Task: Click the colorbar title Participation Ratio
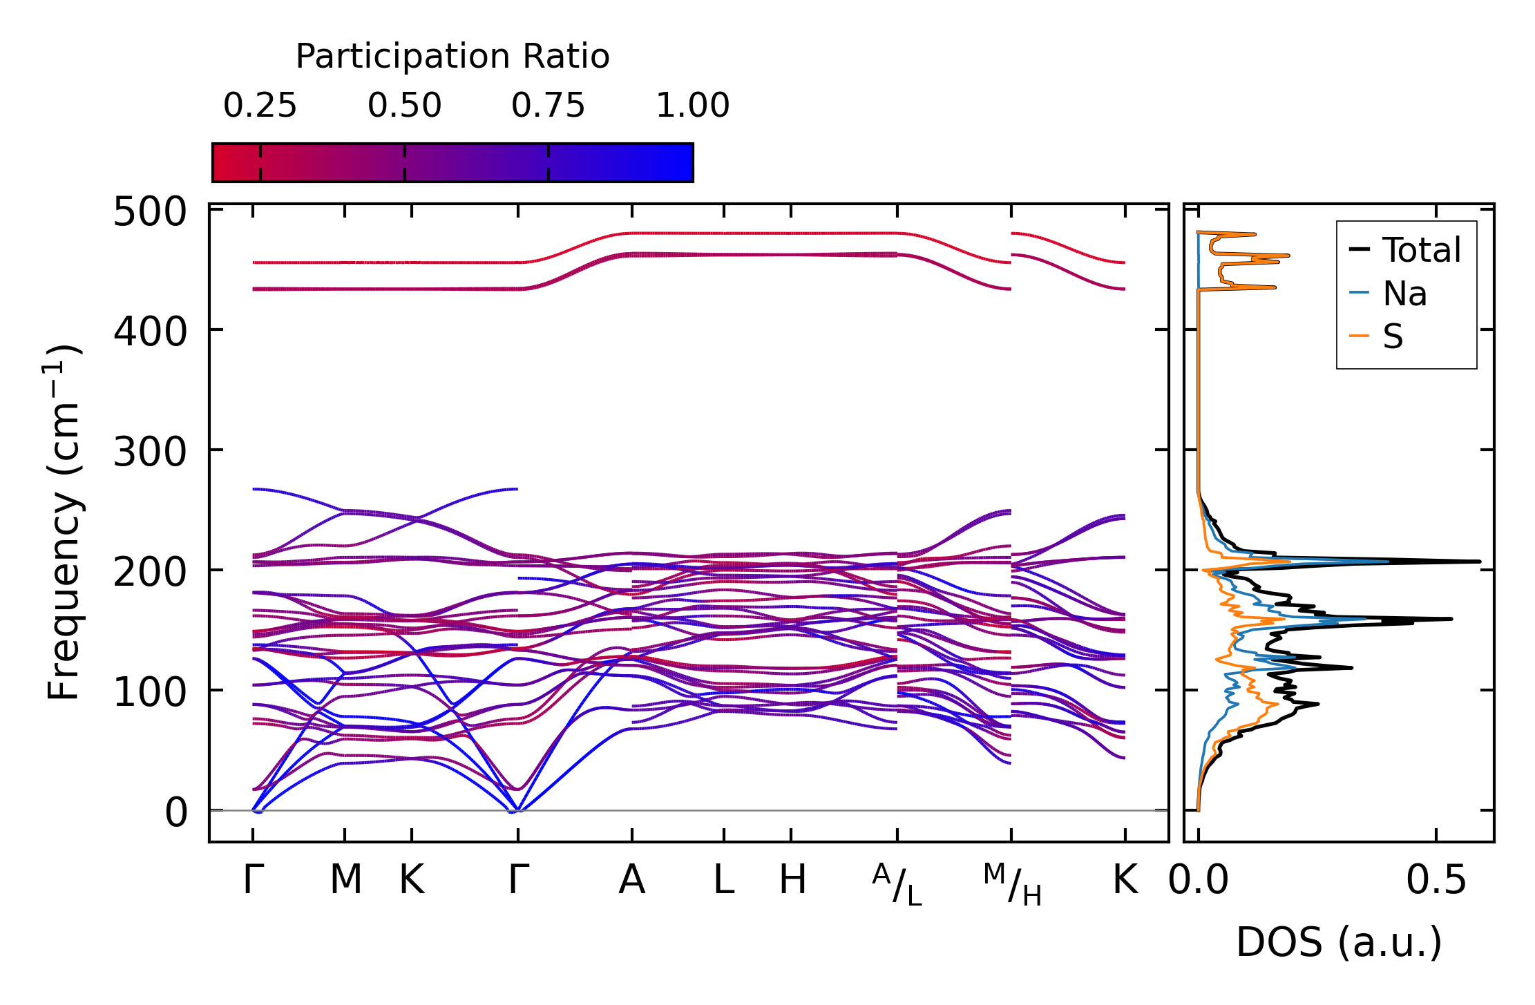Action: [452, 57]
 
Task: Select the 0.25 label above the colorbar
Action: [260, 106]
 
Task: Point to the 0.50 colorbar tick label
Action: [404, 106]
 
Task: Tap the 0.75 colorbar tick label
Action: [548, 106]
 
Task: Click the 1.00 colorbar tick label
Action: [692, 106]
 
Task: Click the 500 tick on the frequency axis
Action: [150, 212]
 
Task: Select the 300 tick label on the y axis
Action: [150, 453]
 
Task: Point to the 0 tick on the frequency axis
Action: [175, 813]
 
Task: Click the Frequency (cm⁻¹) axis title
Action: [64, 523]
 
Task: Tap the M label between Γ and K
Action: [345, 880]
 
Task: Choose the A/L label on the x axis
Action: [897, 884]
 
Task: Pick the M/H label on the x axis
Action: [1012, 884]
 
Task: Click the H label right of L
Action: [792, 880]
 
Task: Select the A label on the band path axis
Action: [631, 880]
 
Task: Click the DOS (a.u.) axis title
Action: [1339, 942]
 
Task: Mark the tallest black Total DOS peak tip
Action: [1479, 562]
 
